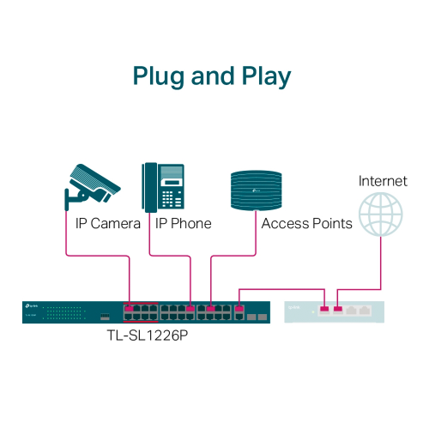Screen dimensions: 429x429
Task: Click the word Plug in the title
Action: pos(159,76)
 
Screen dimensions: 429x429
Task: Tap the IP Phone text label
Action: pos(183,224)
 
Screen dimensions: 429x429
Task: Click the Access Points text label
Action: pos(306,224)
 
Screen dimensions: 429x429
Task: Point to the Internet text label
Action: pos(382,181)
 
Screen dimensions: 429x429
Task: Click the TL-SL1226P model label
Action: pos(150,335)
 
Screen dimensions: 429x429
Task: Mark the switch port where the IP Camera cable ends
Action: pos(129,307)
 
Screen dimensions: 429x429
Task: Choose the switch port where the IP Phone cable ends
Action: pos(190,307)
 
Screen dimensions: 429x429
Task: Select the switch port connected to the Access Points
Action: pos(211,307)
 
